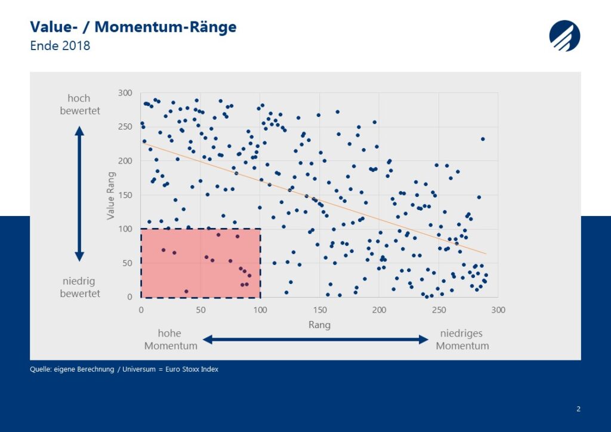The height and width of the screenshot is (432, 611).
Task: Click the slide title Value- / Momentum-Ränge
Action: [x=133, y=27]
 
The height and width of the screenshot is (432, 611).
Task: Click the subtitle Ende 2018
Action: [x=60, y=45]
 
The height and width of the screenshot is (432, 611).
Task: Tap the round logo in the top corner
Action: [x=564, y=36]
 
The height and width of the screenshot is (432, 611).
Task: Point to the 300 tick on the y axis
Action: [x=125, y=92]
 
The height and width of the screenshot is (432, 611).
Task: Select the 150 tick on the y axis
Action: [x=125, y=195]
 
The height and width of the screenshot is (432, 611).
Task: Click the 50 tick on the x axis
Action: [x=200, y=310]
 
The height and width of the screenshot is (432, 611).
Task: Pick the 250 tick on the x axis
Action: [x=439, y=310]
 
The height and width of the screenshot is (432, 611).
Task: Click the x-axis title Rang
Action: [x=320, y=325]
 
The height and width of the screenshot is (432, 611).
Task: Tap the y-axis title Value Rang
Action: [x=110, y=196]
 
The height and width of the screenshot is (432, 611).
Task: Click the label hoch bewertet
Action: [x=80, y=104]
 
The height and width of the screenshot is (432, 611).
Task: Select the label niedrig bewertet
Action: [x=80, y=287]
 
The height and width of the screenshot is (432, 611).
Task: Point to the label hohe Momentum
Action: [x=171, y=340]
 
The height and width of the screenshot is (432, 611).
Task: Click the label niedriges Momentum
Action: [x=462, y=340]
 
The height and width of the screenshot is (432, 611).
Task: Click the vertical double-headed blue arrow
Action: [x=79, y=193]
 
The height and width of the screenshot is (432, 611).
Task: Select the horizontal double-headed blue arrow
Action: [x=316, y=340]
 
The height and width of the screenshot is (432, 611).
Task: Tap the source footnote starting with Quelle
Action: [x=124, y=369]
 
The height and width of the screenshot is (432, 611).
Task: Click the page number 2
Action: [x=578, y=409]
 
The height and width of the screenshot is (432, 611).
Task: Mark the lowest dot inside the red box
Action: [x=186, y=291]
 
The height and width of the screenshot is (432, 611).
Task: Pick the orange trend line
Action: [x=314, y=198]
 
